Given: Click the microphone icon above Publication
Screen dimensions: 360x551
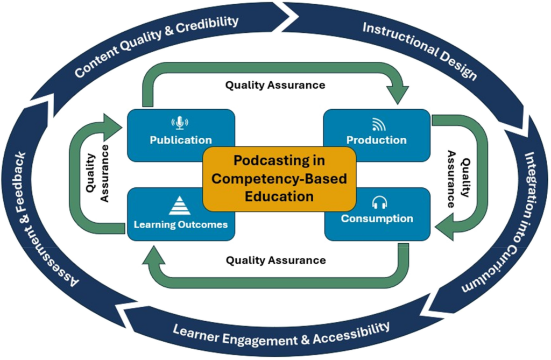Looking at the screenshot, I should [180, 123].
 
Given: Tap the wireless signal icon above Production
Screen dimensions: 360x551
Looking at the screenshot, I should [376, 125].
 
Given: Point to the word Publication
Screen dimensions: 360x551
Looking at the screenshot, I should [180, 140].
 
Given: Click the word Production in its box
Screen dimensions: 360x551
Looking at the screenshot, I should [376, 140].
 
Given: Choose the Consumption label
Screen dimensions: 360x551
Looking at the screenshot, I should [377, 218].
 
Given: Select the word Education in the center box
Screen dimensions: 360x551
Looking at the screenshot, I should [279, 196].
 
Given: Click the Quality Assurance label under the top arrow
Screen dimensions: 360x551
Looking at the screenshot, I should [275, 85].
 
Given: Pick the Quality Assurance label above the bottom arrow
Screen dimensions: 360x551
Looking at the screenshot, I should [275, 260].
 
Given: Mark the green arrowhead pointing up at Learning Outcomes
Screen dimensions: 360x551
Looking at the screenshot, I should [154, 257].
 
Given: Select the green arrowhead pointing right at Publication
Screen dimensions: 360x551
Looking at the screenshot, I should [114, 124].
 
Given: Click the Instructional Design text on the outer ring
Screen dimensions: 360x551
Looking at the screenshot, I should [419, 51].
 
